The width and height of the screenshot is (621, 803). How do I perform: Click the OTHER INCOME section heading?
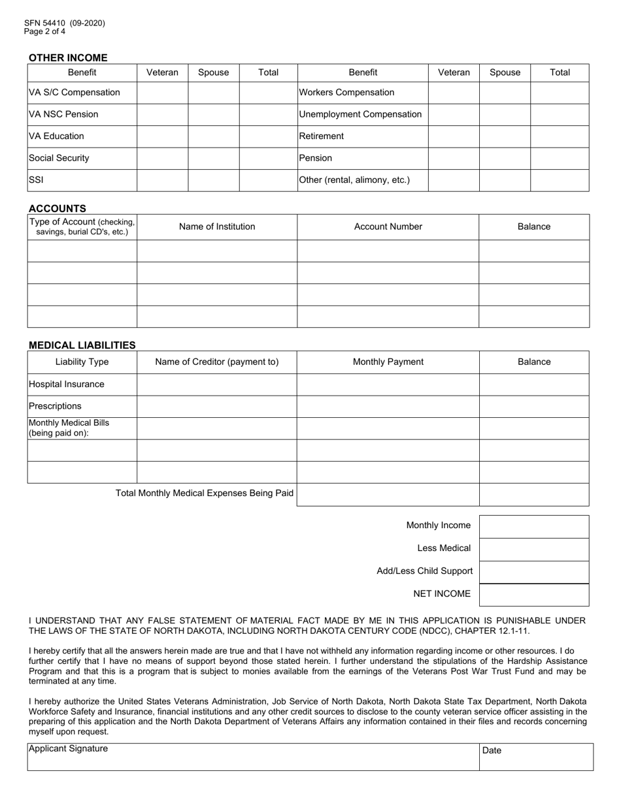[x=68, y=57]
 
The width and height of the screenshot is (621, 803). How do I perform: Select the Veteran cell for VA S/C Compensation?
[x=162, y=93]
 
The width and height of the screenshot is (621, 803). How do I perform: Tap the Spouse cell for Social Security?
[x=213, y=159]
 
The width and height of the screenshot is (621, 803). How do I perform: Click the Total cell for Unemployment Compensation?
[x=560, y=115]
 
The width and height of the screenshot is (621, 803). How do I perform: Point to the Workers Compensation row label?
[x=346, y=93]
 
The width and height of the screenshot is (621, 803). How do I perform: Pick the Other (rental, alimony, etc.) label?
[x=354, y=180]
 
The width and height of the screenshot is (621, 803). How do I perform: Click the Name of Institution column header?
[x=217, y=227]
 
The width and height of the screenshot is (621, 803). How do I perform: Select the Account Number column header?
[x=388, y=227]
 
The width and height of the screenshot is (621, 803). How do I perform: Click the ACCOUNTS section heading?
[x=58, y=208]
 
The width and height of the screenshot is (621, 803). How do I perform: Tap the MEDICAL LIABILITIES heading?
[x=82, y=345]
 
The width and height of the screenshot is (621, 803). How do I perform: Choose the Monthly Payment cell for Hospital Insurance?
[x=388, y=385]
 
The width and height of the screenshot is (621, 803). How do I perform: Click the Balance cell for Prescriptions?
[x=533, y=407]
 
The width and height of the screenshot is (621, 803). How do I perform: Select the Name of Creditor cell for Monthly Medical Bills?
[x=216, y=428]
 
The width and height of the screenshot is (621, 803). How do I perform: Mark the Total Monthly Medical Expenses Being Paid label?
[x=205, y=494]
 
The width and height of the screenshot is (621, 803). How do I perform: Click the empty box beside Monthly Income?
[x=533, y=526]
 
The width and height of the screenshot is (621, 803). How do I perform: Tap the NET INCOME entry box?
[x=533, y=595]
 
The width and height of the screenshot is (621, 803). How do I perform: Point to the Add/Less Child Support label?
[x=424, y=571]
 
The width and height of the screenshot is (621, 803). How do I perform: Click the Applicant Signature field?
[x=252, y=757]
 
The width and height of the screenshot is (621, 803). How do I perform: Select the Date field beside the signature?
[x=536, y=757]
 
